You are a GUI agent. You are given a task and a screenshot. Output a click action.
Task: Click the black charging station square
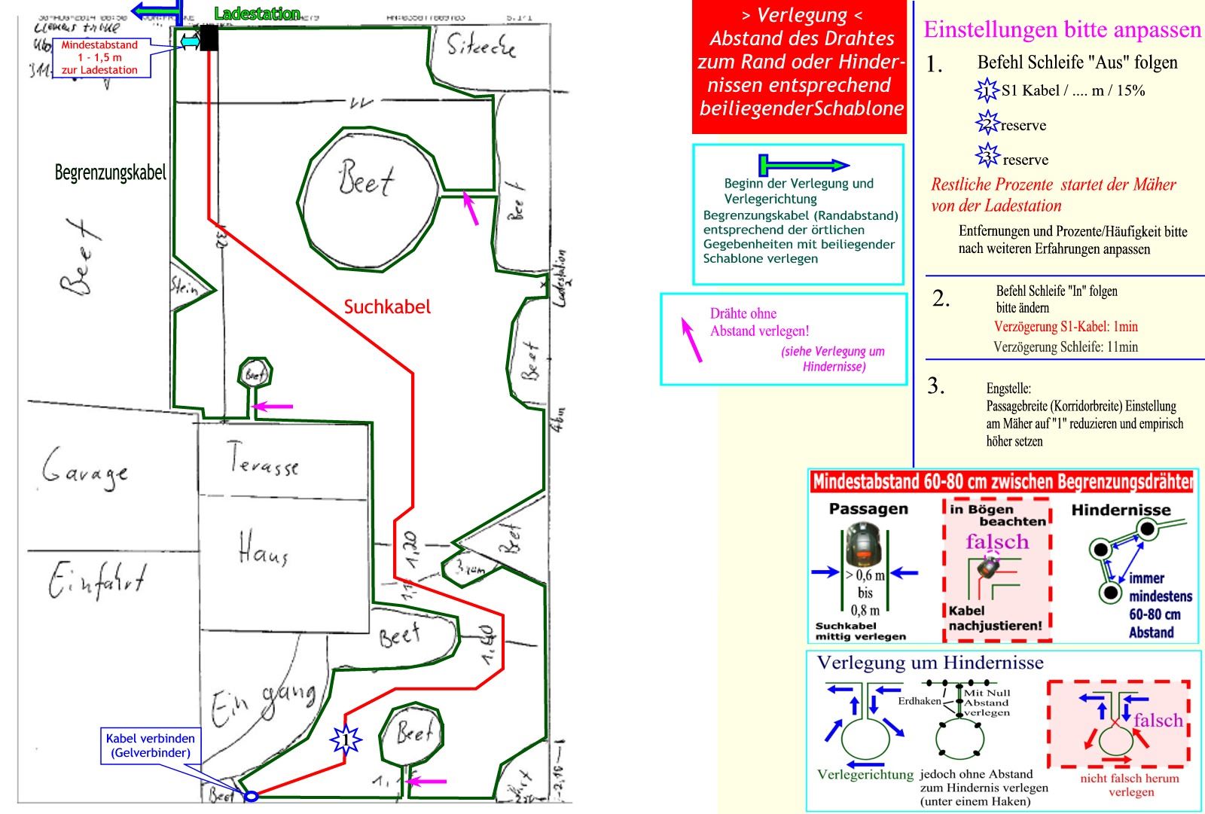pos(209,38)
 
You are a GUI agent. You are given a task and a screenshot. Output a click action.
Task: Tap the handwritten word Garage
pos(84,468)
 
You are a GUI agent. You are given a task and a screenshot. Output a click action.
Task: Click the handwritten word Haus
pos(264,548)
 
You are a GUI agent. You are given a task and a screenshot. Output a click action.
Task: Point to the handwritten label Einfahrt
pos(96,580)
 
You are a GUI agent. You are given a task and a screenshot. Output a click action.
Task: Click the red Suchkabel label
pos(387,307)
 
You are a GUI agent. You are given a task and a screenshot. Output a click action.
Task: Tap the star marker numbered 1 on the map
pos(346,740)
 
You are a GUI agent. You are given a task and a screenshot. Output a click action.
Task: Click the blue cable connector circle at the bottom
pos(252,796)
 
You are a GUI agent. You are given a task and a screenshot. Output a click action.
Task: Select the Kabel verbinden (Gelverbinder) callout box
pos(151,745)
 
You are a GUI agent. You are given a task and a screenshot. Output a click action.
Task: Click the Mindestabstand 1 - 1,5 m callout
pos(100,57)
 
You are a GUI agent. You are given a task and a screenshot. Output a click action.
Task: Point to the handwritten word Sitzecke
pos(482,47)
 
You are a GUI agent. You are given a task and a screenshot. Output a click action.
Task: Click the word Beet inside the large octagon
pos(367,178)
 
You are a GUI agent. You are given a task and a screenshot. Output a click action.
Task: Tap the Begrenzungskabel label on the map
pos(110,172)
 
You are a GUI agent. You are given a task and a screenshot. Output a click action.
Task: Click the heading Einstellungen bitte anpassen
pos(1062,29)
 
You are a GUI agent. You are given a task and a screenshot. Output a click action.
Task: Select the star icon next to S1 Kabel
pos(987,90)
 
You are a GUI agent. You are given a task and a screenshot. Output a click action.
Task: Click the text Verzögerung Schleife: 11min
pos(1066,347)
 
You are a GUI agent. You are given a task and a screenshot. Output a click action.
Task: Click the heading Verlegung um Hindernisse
pos(930,663)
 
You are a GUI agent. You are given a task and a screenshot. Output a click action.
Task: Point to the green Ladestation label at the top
pos(257,14)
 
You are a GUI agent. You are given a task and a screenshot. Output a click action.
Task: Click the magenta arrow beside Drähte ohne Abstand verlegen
pos(691,340)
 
